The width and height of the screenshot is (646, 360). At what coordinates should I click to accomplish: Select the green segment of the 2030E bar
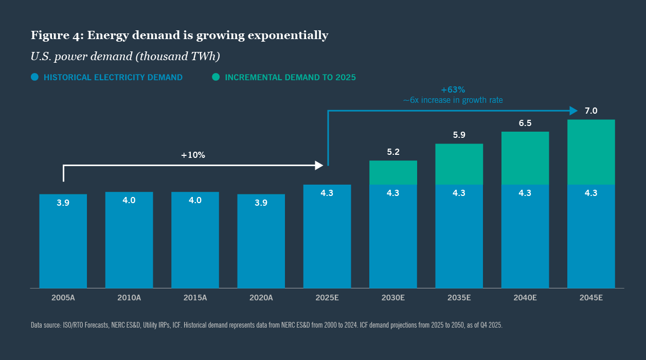[393, 173]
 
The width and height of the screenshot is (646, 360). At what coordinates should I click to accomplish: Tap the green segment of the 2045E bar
[591, 152]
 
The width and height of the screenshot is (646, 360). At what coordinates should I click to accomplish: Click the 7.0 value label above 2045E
[591, 111]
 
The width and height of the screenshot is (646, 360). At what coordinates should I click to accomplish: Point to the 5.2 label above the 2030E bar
[393, 152]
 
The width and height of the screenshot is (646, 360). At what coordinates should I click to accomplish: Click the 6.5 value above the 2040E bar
[525, 123]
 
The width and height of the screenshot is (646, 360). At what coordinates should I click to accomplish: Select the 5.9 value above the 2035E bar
[459, 135]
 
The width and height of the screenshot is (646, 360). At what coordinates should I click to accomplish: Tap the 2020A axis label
[261, 298]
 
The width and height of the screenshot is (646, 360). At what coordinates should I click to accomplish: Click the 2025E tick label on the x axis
[327, 298]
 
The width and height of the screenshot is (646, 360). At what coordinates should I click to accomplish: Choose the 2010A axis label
[129, 298]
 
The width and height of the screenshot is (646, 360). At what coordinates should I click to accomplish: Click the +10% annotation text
[193, 155]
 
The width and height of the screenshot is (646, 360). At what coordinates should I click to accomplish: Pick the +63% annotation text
[453, 89]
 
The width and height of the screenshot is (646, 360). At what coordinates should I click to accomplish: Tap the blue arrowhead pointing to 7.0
[573, 111]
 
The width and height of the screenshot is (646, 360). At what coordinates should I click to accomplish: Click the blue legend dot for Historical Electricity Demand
[35, 77]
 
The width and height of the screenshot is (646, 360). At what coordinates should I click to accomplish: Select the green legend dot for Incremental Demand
[216, 77]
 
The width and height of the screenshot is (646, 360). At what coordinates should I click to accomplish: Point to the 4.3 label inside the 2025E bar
[327, 193]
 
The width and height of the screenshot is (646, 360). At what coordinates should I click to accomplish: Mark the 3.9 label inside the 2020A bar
[261, 203]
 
